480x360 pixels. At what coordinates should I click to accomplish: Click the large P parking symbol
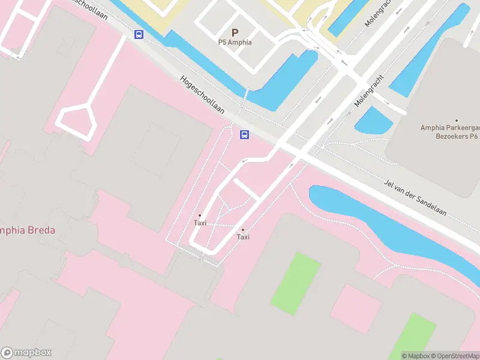(x=235, y=32)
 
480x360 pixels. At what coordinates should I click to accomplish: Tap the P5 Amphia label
(x=235, y=43)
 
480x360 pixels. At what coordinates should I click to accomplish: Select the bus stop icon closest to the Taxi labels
(x=244, y=134)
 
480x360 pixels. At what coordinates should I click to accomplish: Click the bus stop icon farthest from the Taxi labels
(x=139, y=34)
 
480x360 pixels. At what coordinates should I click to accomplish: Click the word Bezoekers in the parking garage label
(x=449, y=137)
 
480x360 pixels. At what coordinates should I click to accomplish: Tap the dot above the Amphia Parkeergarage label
(x=457, y=121)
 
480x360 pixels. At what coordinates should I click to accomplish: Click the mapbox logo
(x=26, y=353)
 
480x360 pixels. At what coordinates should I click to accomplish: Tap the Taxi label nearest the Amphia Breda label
(x=200, y=223)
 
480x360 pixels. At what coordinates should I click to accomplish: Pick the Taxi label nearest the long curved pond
(x=243, y=237)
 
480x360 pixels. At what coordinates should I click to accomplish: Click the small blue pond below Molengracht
(x=373, y=121)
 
